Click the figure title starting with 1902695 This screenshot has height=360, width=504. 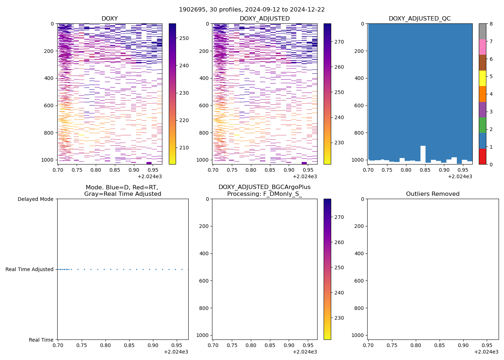pyautogui.click(x=252, y=9)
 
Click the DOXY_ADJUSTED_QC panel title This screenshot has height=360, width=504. pyautogui.click(x=419, y=19)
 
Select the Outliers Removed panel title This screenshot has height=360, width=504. pyautogui.click(x=433, y=194)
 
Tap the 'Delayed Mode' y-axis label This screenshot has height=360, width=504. pyautogui.click(x=35, y=199)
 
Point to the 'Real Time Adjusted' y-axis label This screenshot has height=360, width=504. pyautogui.click(x=30, y=269)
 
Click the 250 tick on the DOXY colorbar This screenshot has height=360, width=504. pyautogui.click(x=184, y=38)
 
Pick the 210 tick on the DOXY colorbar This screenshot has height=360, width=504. pyautogui.click(x=184, y=148)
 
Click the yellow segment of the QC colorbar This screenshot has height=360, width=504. pyautogui.click(x=482, y=78)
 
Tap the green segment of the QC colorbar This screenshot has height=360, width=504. pyautogui.click(x=482, y=125)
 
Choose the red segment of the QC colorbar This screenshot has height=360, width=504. pyautogui.click(x=482, y=157)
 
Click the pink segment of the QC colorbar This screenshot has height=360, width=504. pyautogui.click(x=482, y=47)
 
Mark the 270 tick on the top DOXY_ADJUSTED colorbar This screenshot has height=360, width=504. pyautogui.click(x=339, y=42)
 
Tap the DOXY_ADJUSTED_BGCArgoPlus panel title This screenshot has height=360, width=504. pyautogui.click(x=264, y=190)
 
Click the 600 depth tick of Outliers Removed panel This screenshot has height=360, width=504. pyautogui.click(x=360, y=281)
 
